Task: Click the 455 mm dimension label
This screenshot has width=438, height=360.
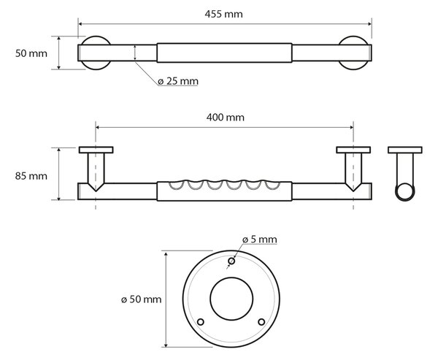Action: pyautogui.click(x=223, y=14)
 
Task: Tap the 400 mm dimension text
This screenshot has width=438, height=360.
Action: pyautogui.click(x=225, y=118)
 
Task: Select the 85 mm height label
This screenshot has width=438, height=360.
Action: pyautogui.click(x=31, y=176)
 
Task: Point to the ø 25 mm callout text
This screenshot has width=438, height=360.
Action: pyautogui.click(x=178, y=81)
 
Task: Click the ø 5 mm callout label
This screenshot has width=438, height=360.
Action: pyautogui.click(x=259, y=240)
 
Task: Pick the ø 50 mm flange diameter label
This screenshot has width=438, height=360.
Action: pyautogui.click(x=141, y=299)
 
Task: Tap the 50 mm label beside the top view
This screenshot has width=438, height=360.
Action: pyautogui.click(x=31, y=53)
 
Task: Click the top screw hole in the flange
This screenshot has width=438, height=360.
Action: pyautogui.click(x=231, y=261)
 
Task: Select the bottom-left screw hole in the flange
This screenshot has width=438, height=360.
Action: pyautogui.click(x=200, y=322)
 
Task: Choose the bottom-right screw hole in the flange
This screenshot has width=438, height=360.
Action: pyautogui.click(x=261, y=322)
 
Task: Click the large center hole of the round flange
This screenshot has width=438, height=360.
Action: pyautogui.click(x=231, y=299)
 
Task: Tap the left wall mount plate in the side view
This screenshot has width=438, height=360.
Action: pyautogui.click(x=96, y=150)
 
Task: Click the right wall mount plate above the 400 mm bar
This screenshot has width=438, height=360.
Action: pyautogui.click(x=353, y=150)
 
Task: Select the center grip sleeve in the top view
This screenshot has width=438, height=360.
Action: pyautogui.click(x=224, y=53)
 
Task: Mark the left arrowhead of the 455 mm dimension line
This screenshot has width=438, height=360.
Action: pyautogui.click(x=80, y=24)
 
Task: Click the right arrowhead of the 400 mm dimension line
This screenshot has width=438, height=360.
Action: pyautogui.click(x=351, y=128)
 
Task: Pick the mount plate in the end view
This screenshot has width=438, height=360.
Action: pyautogui.click(x=405, y=150)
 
